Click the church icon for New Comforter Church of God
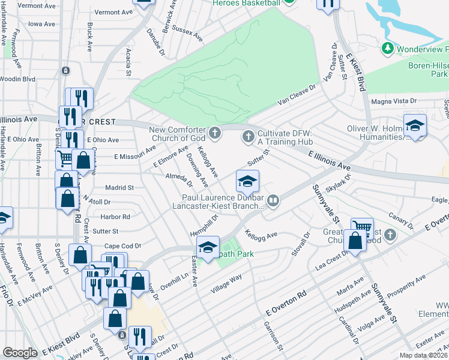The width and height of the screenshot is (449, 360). point(215,131)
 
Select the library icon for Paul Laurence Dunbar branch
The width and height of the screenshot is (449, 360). point(273,200)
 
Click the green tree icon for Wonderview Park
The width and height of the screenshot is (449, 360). point(388,47)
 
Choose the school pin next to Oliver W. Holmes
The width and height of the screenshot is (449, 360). point(415,127)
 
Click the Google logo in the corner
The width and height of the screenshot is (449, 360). point(20,353)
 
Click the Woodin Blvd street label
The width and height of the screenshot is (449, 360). point(18,79)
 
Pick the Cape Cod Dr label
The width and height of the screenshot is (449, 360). point(122,246)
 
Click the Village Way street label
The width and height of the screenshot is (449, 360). point(226,284)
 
